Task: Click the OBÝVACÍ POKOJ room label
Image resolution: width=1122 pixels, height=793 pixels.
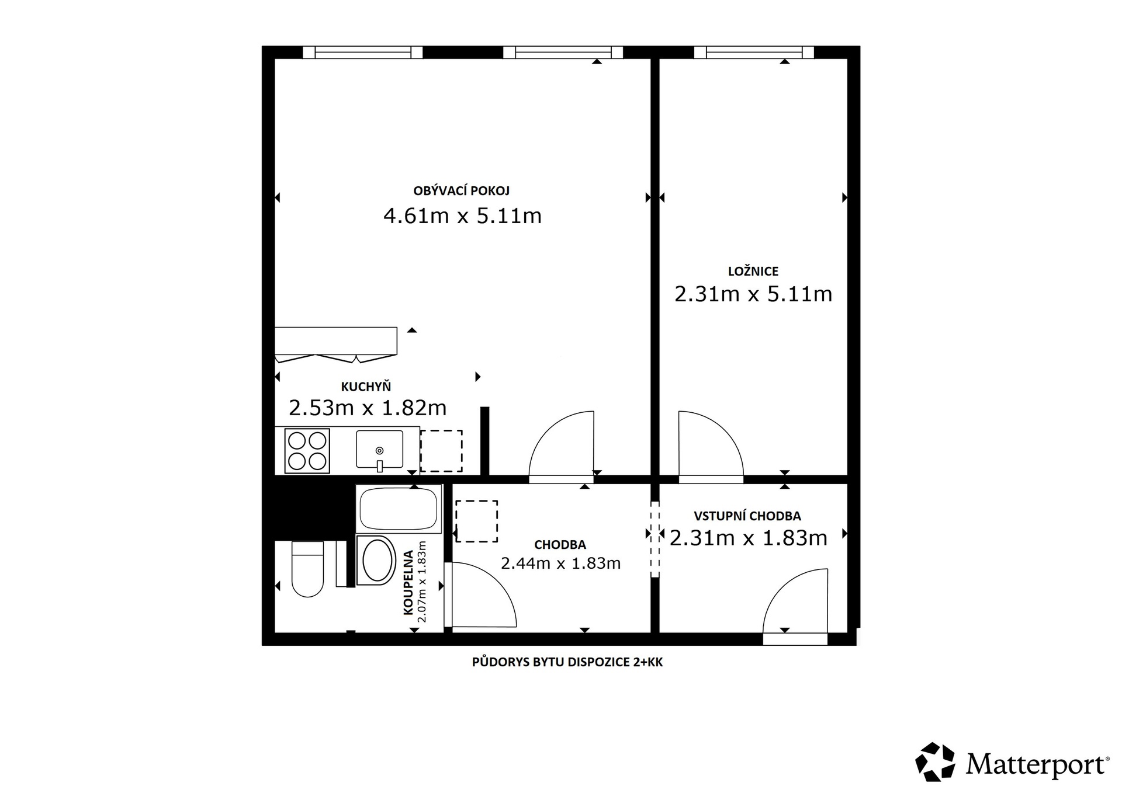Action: coord(461,191)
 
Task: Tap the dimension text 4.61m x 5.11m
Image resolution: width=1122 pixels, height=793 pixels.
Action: coord(462,216)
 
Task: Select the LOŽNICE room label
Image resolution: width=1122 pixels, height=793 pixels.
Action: coord(753,271)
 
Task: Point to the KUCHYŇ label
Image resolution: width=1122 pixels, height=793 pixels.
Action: coord(366,387)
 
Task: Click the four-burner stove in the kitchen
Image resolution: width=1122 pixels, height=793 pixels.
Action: coord(307,451)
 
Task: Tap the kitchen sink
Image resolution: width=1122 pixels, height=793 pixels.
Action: coord(379,450)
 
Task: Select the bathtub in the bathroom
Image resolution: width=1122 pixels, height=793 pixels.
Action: coord(399,509)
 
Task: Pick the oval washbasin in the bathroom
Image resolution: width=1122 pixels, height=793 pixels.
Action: coord(377,560)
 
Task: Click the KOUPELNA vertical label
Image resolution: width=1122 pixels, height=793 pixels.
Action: coord(408,582)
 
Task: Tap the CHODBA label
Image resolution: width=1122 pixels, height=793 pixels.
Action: coord(560,545)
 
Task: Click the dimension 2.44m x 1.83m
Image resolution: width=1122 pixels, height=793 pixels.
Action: coord(560,564)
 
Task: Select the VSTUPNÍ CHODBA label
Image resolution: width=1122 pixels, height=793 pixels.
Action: coord(747,516)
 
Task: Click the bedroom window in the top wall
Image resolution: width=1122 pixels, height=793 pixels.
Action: coord(754,53)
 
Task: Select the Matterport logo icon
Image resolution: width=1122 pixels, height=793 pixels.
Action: coord(935,761)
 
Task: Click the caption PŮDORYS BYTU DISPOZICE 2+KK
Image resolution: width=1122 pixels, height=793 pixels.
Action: coord(567,662)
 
